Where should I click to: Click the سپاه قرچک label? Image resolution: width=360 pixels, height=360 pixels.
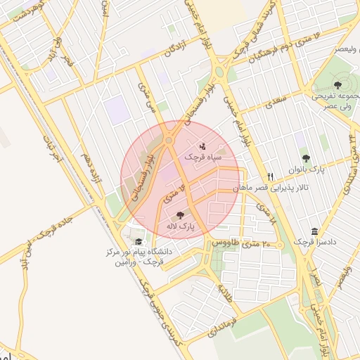pyautogui.click(x=204, y=157)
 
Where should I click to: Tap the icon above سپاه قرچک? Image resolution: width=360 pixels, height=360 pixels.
pyautogui.click(x=203, y=147)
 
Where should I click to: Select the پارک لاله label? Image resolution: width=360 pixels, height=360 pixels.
pyautogui.click(x=180, y=226)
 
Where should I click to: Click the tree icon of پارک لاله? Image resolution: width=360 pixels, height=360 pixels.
pyautogui.click(x=181, y=216)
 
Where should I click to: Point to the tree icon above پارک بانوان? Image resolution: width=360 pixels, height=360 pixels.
pyautogui.click(x=305, y=158)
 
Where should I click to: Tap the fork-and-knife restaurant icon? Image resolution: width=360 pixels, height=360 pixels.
pyautogui.click(x=271, y=176)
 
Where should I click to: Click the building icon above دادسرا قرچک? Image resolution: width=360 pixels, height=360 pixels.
pyautogui.click(x=314, y=231)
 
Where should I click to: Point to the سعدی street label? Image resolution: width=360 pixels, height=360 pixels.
pyautogui.click(x=275, y=105)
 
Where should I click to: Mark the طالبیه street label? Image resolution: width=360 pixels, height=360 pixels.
pyautogui.click(x=225, y=292)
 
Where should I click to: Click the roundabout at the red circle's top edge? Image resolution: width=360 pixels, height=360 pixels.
pyautogui.click(x=169, y=141)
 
